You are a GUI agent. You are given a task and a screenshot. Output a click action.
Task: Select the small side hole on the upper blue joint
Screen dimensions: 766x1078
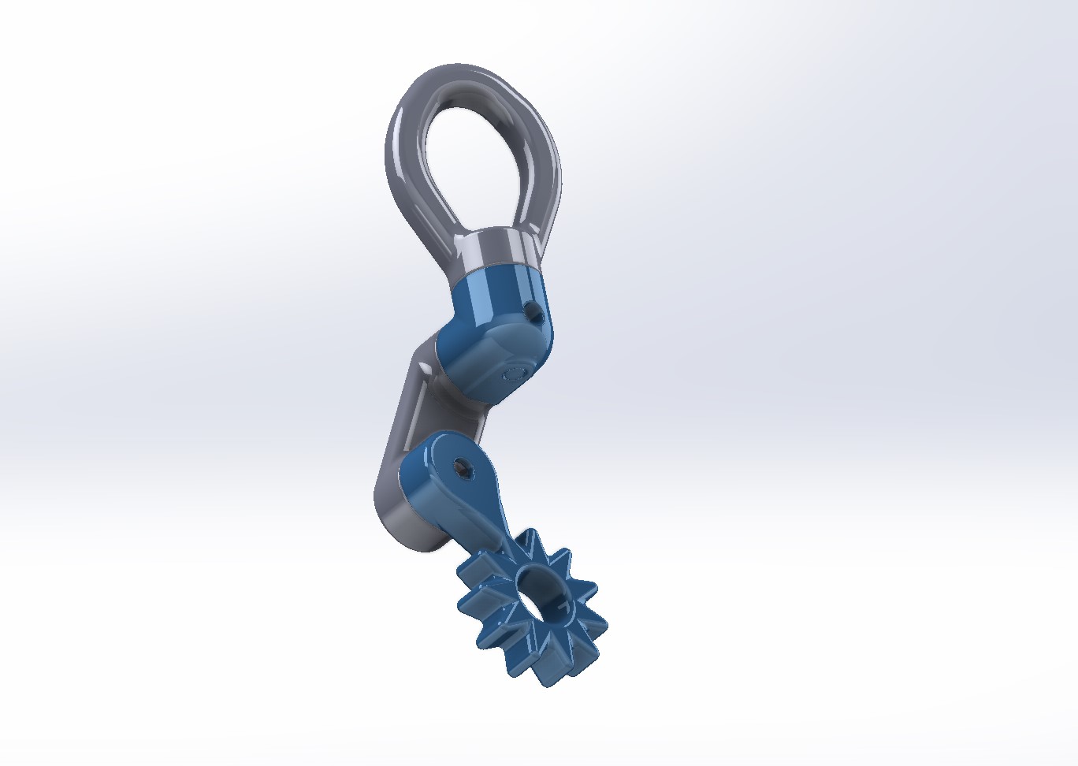click(x=536, y=313)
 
